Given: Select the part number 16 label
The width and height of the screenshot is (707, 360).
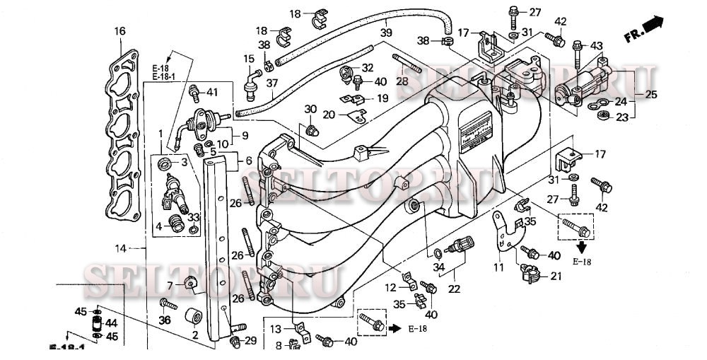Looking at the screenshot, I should coord(119,31).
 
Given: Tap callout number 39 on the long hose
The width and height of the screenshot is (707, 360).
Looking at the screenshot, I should coord(385,33).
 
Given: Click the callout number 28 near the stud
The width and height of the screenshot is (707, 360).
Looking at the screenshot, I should coord(402,81).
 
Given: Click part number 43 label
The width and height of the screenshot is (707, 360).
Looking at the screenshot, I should coord(596,47).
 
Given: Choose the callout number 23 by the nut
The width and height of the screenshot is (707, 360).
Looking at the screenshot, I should coord(621,118).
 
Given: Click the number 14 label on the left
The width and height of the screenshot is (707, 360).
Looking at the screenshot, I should coord(121,248).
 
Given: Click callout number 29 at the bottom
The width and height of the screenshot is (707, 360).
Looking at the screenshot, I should coord(250,342).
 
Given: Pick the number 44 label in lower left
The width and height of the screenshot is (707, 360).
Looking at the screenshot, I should coord(111,323).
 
